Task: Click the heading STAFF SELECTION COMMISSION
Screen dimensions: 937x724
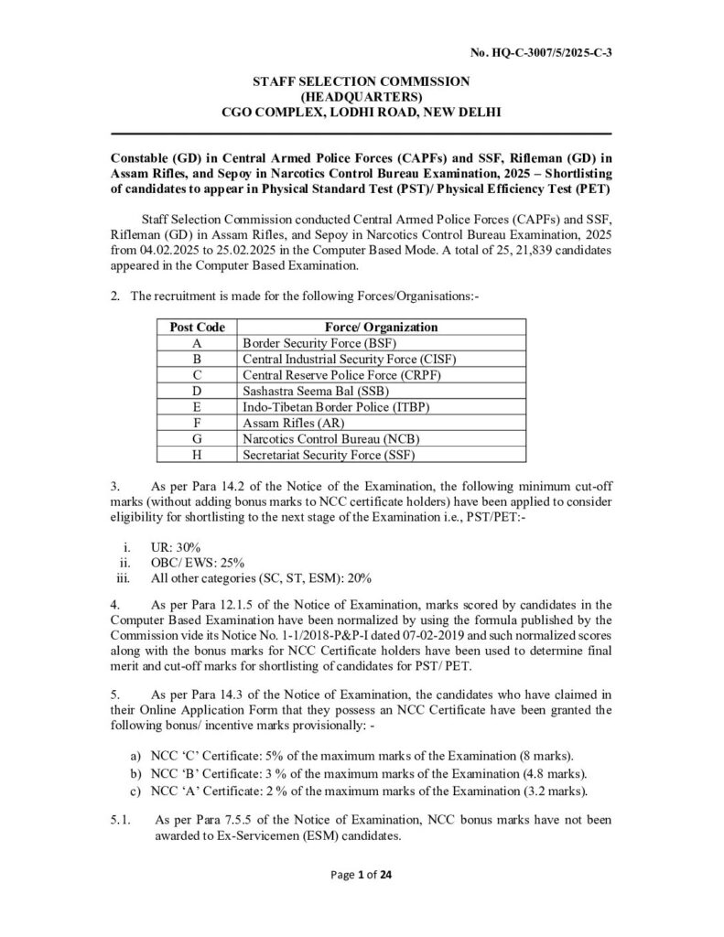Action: coord(361,81)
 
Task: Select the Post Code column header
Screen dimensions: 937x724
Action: coord(198,327)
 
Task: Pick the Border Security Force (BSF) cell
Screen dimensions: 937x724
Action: coord(305,342)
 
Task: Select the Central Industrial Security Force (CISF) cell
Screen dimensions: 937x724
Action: coord(348,359)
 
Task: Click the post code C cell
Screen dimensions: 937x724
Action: coord(198,374)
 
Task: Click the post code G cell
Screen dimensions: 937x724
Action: coord(198,438)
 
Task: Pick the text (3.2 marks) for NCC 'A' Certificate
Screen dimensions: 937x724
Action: coord(533,791)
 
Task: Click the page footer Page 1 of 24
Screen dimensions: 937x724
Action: coord(361,899)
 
